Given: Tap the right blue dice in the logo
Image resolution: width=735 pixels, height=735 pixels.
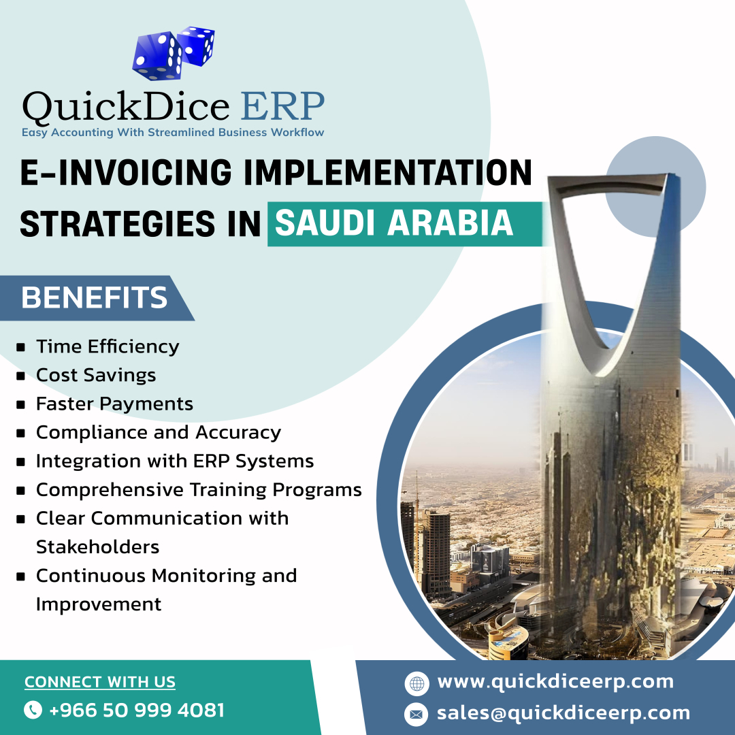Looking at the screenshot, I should [x=196, y=45].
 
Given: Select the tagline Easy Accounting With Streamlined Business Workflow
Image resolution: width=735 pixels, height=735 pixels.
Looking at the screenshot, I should [x=173, y=132].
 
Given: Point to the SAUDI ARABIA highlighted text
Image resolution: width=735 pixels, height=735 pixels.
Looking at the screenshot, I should [x=394, y=223].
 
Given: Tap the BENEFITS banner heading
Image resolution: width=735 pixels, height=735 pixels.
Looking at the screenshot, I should [x=95, y=298].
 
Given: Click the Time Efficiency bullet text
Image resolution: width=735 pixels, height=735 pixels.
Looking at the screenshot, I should [x=108, y=346].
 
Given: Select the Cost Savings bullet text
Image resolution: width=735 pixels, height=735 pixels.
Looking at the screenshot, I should [x=96, y=375].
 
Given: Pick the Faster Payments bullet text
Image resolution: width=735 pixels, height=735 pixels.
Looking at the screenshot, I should [x=114, y=404].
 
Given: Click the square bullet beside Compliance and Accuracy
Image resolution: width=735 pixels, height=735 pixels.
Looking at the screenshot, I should [x=21, y=433].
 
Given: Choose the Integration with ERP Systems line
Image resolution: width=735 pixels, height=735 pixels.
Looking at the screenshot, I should [x=175, y=461].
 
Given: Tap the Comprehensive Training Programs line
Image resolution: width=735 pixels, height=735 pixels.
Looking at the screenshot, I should [x=199, y=489].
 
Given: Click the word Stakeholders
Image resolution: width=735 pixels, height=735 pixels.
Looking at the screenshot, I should [x=97, y=546].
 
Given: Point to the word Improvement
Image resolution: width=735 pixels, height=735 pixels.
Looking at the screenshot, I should [x=99, y=604].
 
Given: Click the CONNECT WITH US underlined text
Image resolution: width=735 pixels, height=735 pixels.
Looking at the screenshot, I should [x=100, y=682].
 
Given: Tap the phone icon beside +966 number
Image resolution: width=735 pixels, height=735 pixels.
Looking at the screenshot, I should [x=33, y=710].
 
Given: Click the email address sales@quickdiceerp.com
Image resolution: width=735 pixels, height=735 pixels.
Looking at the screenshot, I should [x=563, y=713].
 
